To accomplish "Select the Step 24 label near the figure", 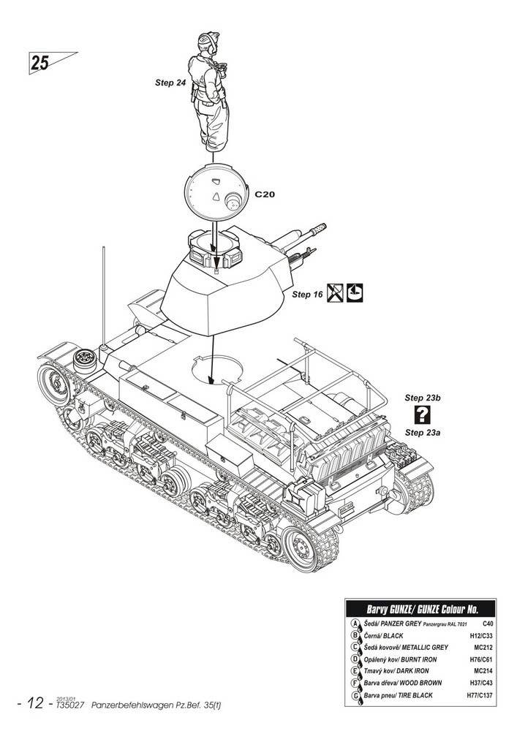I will (170, 83).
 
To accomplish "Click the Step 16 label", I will (307, 295).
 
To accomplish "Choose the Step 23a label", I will (423, 433).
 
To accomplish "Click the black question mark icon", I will (422, 415).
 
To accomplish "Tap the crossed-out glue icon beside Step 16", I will (335, 293).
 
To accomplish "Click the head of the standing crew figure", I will (208, 42).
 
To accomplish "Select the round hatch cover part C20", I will (213, 194).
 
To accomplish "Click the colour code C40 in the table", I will (488, 624).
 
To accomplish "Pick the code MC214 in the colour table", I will (483, 670).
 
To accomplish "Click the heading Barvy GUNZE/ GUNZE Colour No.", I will (420, 608).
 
